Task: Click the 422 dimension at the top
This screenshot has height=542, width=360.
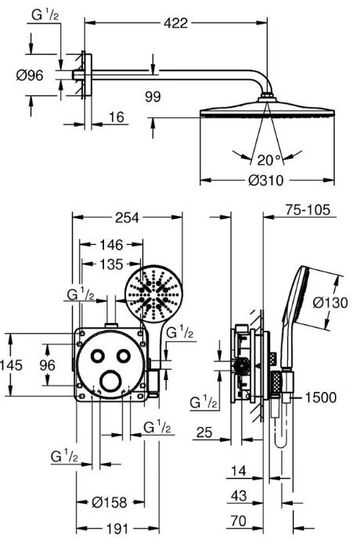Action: pos(175,23)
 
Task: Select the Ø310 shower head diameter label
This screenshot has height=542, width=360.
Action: pos(265,180)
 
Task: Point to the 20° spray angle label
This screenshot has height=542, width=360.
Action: pos(268,160)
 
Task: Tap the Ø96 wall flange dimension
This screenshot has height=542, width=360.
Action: pos(30,75)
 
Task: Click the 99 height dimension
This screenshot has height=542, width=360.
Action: pos(153,96)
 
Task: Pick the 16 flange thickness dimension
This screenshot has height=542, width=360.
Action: pos(117,117)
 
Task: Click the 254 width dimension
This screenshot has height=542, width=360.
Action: pos(127,217)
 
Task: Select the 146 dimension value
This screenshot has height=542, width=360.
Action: pos(111,245)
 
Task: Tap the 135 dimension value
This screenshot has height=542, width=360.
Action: pos(111,264)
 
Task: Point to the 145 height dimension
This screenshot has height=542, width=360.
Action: pos(11,365)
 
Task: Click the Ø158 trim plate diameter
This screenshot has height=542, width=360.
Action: pos(110,502)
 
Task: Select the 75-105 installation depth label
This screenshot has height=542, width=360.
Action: pos(308,210)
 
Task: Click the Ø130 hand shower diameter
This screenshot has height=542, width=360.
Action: pos(330,303)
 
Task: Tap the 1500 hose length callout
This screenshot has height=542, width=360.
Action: pos(320,397)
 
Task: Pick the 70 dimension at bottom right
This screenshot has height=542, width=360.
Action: pos(239,521)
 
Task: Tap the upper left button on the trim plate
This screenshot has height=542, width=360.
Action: pos(98,356)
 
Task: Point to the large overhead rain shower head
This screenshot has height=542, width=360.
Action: pos(268,109)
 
